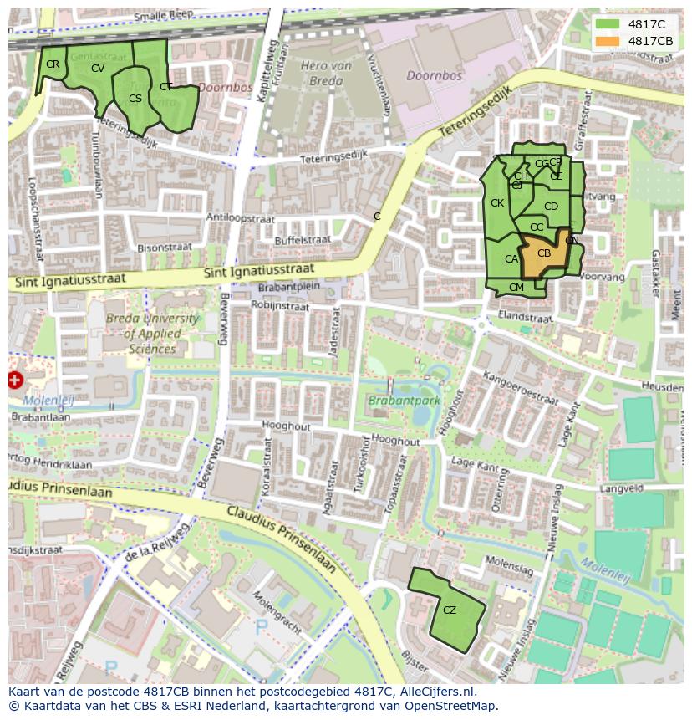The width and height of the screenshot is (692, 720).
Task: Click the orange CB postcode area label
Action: coord(543,253)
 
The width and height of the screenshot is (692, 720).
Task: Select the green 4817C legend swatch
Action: coord(608,24)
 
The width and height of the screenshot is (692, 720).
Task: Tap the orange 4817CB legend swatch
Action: coord(608,41)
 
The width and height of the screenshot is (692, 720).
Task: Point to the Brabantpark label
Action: coord(404,401)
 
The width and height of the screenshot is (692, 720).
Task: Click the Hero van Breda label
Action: coord(322,74)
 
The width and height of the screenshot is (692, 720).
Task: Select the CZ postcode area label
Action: coord(450,610)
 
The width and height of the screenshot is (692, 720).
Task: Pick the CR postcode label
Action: coord(53,64)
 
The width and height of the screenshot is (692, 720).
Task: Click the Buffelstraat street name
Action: coord(303,240)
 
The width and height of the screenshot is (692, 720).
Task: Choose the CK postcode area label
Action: coord(497,203)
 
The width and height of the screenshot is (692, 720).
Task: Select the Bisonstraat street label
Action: coord(164,248)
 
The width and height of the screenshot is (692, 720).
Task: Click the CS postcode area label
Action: coord(135,99)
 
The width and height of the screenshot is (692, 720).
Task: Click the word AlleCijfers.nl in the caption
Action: coord(435,692)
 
